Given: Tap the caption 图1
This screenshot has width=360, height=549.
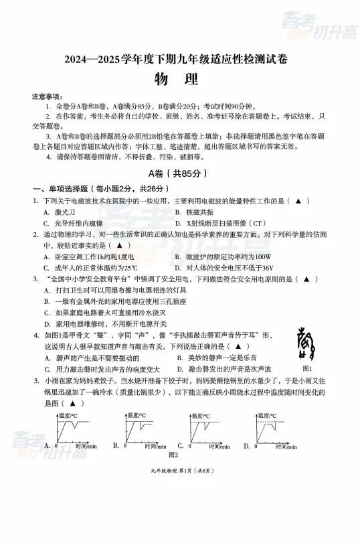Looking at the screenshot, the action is coord(308,368).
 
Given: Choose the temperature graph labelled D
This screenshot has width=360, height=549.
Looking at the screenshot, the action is coord(275,428).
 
